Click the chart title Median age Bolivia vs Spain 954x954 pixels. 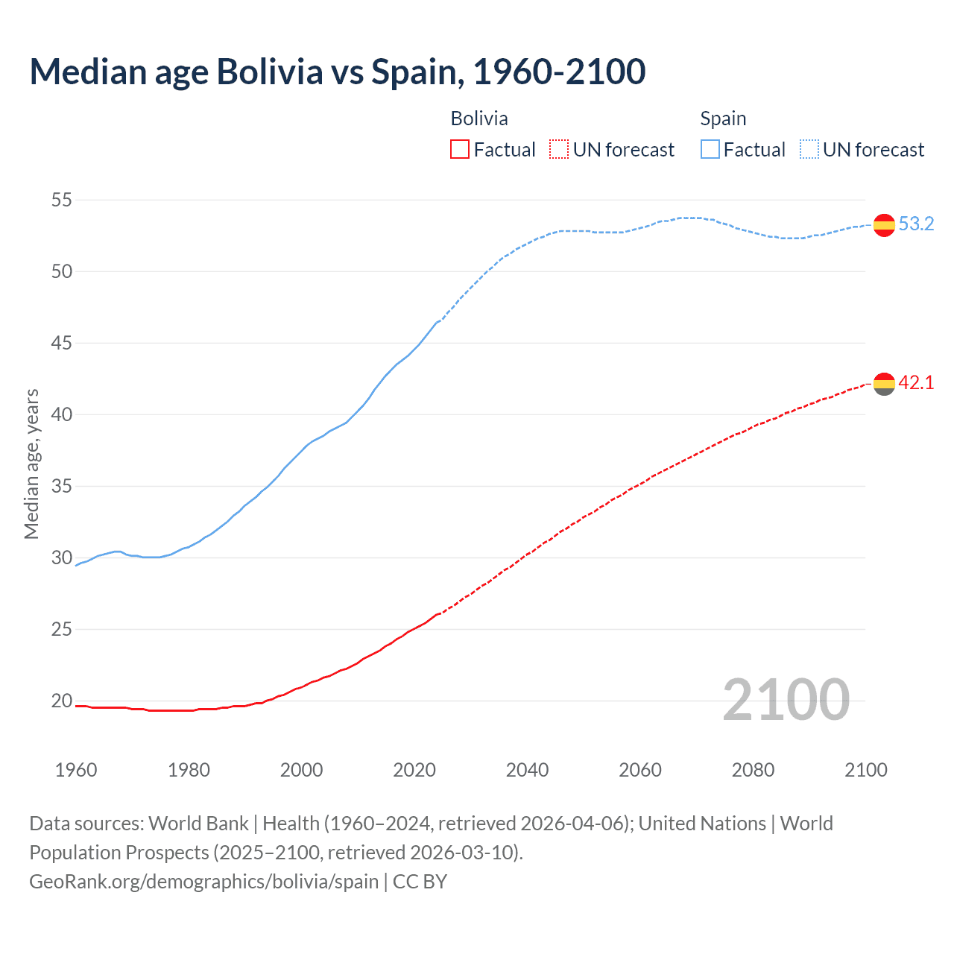[x=337, y=72]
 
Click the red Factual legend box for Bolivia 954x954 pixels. [x=460, y=150]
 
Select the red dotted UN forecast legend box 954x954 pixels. [x=559, y=150]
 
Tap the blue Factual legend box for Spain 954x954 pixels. [x=710, y=150]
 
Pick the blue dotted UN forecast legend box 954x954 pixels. [x=809, y=150]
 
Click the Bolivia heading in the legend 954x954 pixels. [x=479, y=119]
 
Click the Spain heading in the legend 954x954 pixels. [x=723, y=119]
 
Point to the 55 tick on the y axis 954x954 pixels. [x=62, y=200]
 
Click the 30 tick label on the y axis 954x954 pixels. [x=62, y=557]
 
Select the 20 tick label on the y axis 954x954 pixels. [x=62, y=701]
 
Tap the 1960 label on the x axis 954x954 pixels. [x=76, y=770]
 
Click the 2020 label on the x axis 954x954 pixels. [x=414, y=770]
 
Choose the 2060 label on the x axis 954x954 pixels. [x=640, y=770]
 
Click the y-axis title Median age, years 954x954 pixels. [x=31, y=464]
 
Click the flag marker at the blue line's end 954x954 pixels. [x=884, y=224]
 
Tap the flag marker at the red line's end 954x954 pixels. [x=884, y=384]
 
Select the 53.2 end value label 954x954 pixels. [x=916, y=224]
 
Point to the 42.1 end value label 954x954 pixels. [x=916, y=383]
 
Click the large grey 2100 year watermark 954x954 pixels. [x=786, y=700]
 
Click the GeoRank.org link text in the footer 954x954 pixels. [x=203, y=882]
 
